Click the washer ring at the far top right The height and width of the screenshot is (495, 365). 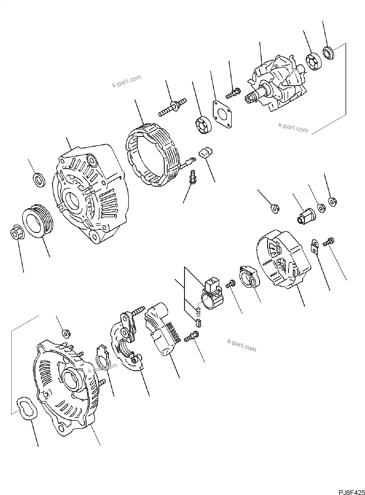click(x=329, y=53)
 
